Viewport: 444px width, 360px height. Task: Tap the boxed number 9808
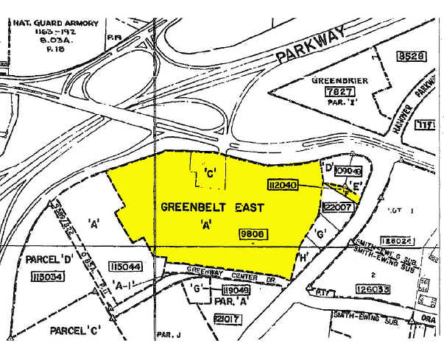pos(252,233)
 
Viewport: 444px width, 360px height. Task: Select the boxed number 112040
pos(283,186)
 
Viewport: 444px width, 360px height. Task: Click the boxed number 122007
pos(335,208)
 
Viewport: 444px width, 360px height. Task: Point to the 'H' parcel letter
pos(304,257)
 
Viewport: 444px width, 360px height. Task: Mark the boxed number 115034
pos(45,276)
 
